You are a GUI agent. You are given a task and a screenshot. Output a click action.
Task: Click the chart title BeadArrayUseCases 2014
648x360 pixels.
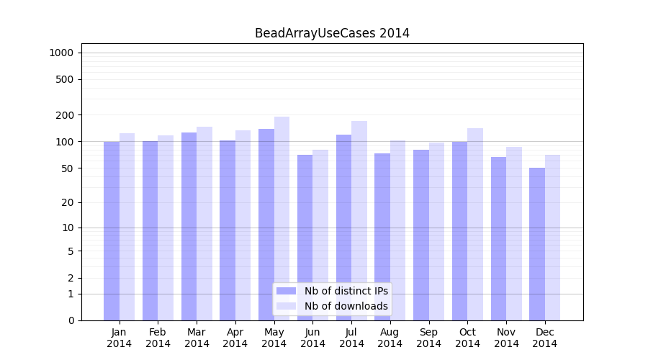332,33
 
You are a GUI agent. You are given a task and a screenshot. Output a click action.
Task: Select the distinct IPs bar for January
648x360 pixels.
112,230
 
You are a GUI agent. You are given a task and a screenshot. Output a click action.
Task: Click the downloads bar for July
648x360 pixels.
359,220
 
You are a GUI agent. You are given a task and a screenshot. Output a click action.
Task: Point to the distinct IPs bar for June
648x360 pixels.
305,238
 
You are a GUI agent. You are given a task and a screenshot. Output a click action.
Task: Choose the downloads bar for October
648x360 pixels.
475,224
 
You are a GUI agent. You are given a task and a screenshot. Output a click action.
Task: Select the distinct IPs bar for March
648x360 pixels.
189,226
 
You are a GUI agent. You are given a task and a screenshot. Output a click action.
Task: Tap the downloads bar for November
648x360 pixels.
514,233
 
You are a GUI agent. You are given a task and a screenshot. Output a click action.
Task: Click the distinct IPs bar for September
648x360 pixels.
421,235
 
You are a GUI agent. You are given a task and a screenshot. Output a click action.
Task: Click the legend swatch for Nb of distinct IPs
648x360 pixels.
287,291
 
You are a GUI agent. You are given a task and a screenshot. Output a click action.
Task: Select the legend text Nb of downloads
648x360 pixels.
346,306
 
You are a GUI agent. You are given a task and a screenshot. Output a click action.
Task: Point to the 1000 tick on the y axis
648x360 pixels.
61,53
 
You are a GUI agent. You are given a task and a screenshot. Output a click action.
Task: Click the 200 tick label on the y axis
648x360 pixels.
65,115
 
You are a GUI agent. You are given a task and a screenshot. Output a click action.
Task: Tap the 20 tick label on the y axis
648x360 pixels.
68,202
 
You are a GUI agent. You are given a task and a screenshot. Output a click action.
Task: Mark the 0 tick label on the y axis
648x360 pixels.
71,320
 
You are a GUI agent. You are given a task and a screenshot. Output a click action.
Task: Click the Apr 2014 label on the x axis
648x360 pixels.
235,338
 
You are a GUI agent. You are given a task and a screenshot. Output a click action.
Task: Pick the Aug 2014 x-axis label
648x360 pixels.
390,338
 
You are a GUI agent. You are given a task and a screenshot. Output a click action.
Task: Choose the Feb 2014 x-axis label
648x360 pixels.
158,338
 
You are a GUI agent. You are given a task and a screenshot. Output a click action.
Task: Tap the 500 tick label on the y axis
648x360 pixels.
65,79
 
